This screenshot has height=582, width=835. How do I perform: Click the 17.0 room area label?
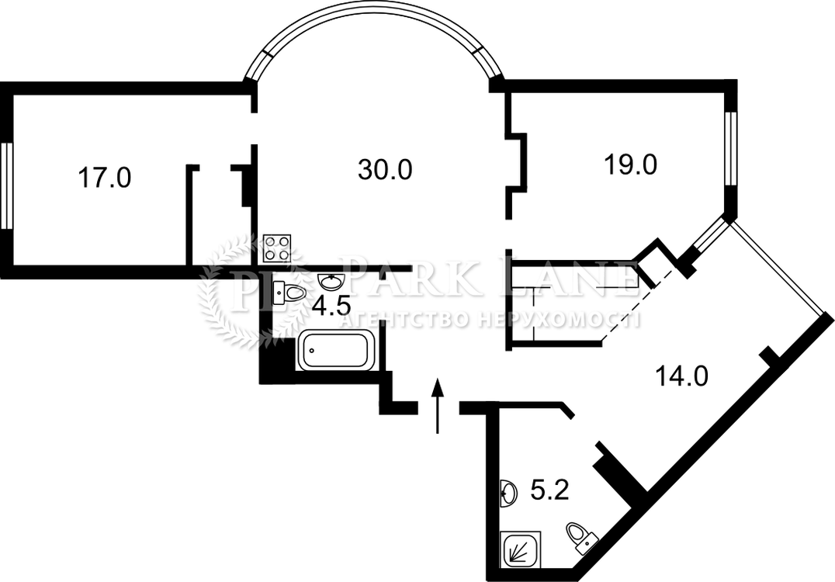(x=104, y=177)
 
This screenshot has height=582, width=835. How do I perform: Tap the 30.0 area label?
(x=385, y=170)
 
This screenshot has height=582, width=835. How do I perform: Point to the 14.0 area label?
(x=681, y=376)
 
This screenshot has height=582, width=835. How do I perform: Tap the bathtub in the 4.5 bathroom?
(x=337, y=351)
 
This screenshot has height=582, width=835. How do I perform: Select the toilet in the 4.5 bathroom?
(x=288, y=293)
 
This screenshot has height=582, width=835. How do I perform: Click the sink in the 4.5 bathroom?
(x=331, y=281)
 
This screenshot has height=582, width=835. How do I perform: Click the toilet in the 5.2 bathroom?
(x=581, y=538)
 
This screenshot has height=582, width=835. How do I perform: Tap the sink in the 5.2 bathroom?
(x=509, y=492)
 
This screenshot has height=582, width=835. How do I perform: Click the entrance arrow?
(x=438, y=406)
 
